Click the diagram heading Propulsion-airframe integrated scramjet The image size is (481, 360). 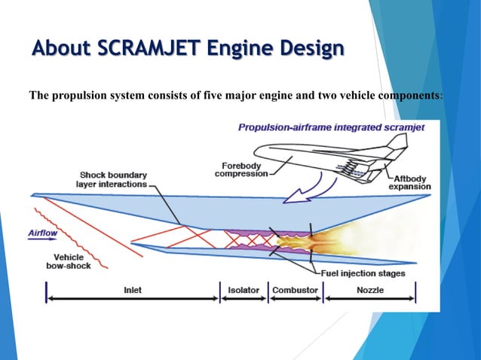tap(331, 127)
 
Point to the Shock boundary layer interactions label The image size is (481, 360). tap(112, 178)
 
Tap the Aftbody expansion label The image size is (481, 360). tap(410, 182)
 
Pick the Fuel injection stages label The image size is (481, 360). tap(363, 273)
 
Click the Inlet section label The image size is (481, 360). tap(132, 290)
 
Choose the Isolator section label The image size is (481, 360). tap(243, 290)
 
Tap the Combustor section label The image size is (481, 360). tap(295, 290)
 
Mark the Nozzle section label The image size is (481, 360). tap(370, 290)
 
